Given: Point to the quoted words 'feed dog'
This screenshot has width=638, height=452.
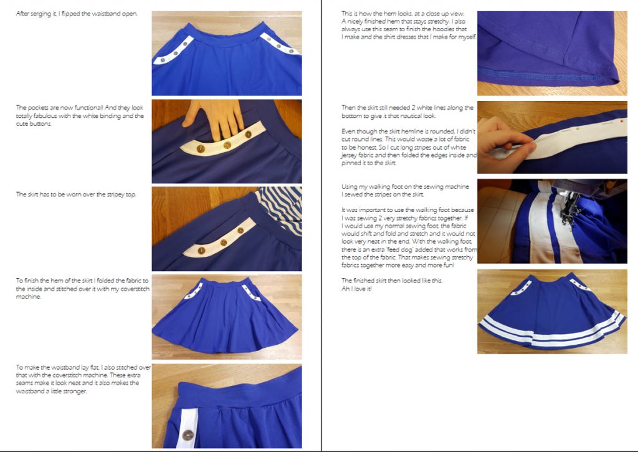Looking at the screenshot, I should [x=410, y=248].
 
